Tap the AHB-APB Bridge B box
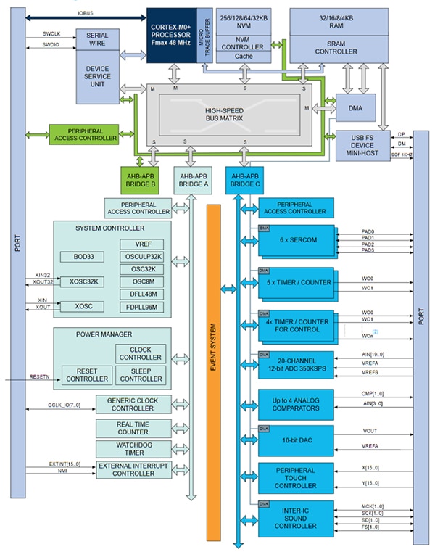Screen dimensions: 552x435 [x=138, y=178]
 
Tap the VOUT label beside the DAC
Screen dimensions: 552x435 [x=370, y=430]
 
